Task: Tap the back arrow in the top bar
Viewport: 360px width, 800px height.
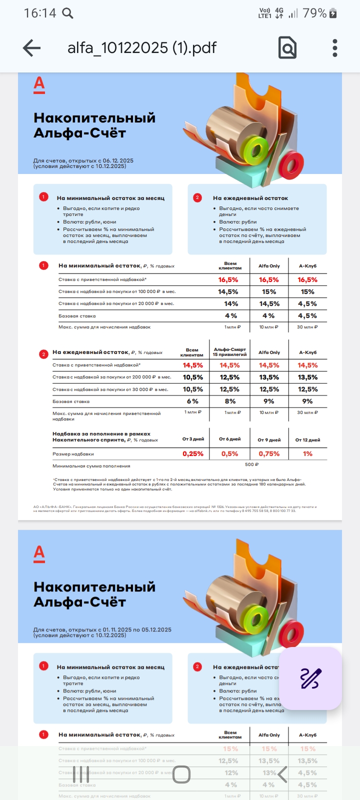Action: click(x=31, y=48)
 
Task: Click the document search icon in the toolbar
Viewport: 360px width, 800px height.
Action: click(x=287, y=48)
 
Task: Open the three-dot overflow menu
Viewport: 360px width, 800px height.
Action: click(x=335, y=48)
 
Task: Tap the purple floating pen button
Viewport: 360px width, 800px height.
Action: click(x=310, y=678)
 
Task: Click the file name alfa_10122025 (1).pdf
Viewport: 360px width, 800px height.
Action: click(x=142, y=48)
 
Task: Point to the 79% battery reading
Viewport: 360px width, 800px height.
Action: click(x=314, y=13)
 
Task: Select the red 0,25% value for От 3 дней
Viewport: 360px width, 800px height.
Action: click(x=193, y=454)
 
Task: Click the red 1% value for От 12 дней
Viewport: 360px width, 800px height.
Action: click(x=307, y=454)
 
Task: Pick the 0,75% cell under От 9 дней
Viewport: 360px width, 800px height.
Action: click(x=269, y=454)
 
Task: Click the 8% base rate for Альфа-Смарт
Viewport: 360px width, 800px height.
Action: click(x=230, y=401)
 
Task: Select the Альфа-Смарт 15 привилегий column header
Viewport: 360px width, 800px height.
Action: click(x=230, y=352)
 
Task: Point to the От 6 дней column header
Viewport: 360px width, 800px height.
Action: click(x=230, y=439)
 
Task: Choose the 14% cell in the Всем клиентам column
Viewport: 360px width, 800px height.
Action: click(x=231, y=303)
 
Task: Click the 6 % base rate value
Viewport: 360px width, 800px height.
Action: click(x=193, y=401)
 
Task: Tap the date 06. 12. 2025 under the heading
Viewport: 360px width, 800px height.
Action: click(x=118, y=161)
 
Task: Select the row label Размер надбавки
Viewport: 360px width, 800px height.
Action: click(x=73, y=454)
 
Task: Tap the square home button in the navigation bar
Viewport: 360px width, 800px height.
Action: click(x=181, y=774)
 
